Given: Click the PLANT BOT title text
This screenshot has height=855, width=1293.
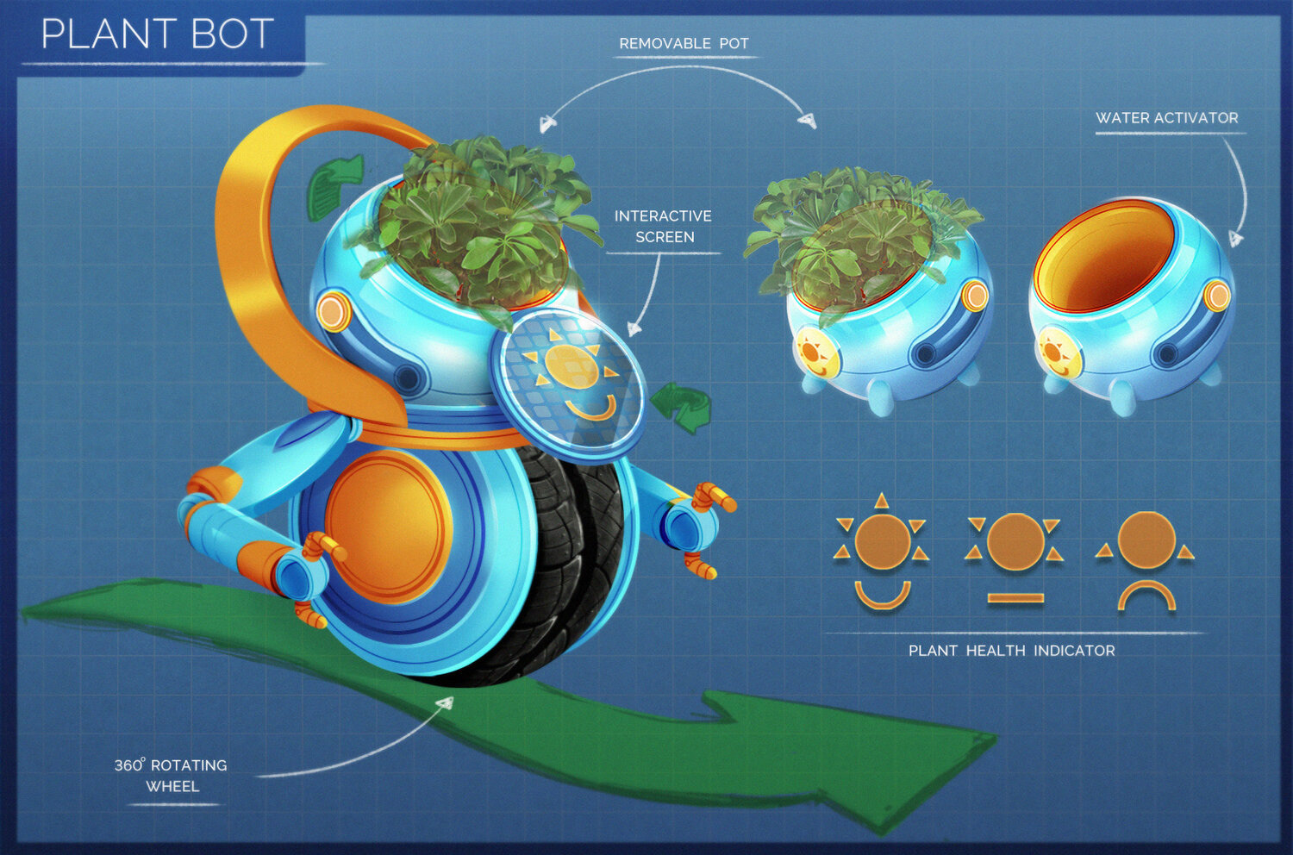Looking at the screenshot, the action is point(157,34).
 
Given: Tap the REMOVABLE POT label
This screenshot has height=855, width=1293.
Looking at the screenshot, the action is point(684,43).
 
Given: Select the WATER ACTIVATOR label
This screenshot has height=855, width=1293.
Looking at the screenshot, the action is point(1166,118).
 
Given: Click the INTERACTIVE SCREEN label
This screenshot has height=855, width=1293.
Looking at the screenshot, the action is point(663,226).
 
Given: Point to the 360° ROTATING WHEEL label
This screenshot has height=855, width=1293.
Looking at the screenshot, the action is point(171,775).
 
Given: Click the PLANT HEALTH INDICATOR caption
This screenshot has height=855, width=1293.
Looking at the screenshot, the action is point(1011,651).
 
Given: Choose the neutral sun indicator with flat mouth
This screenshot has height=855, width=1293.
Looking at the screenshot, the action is point(1015,556).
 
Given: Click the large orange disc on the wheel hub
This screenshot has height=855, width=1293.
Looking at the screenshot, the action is point(388,526).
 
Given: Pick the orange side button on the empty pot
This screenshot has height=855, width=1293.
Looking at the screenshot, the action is point(1216,296).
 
